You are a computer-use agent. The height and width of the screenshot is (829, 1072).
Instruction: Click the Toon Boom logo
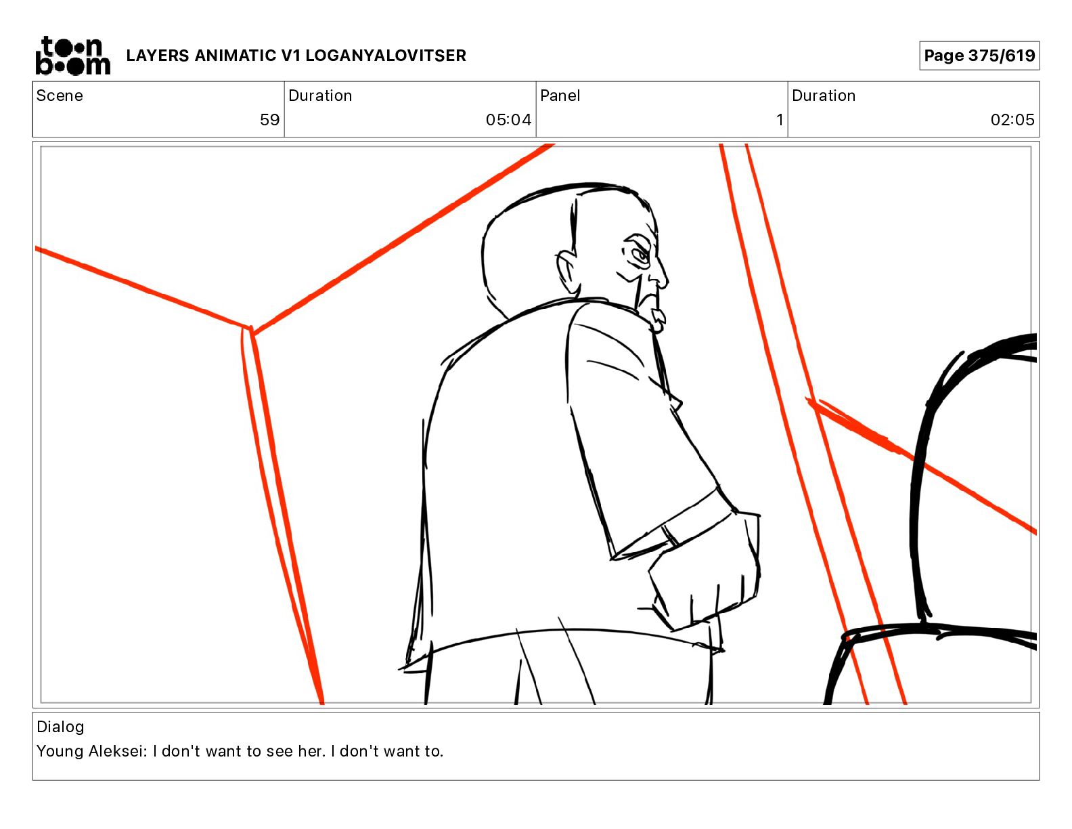73,56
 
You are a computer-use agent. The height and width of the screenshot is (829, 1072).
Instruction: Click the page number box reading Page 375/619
979,56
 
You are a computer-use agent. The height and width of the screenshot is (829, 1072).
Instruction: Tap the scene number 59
269,119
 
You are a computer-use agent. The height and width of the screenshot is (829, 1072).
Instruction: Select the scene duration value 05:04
508,119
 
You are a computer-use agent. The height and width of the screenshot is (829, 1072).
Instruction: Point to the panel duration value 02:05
1012,119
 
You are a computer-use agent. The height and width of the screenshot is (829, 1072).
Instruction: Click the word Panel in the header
560,95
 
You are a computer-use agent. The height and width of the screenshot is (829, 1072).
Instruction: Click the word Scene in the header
60,95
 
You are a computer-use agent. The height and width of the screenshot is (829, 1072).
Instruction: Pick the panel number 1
780,119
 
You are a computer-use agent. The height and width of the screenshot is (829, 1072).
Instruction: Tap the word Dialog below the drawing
60,727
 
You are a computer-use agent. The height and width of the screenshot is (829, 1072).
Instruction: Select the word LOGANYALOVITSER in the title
386,56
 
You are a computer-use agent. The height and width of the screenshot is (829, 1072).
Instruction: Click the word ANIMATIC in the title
236,56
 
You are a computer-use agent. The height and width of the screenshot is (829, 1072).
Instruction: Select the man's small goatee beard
657,320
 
